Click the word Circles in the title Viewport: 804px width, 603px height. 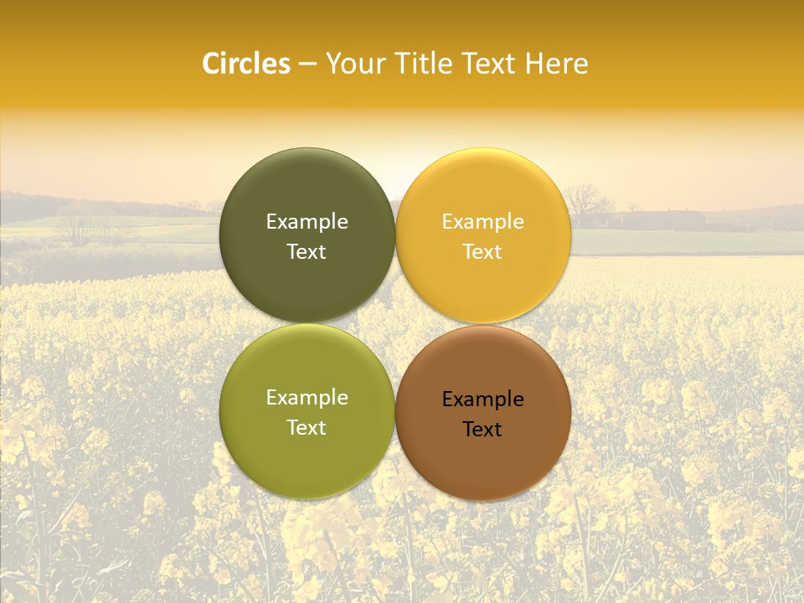246,64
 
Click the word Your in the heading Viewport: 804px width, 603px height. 355,64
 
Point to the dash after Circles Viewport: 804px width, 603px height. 307,64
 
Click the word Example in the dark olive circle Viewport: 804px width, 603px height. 307,221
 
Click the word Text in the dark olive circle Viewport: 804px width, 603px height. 307,251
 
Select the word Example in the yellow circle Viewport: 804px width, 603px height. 482,221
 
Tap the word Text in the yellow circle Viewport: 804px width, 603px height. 482,251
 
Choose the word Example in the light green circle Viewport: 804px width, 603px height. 307,397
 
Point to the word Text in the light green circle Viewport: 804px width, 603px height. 307,427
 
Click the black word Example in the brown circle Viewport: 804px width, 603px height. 482,399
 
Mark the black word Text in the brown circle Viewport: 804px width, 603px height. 482,429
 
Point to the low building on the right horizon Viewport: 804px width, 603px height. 662,219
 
